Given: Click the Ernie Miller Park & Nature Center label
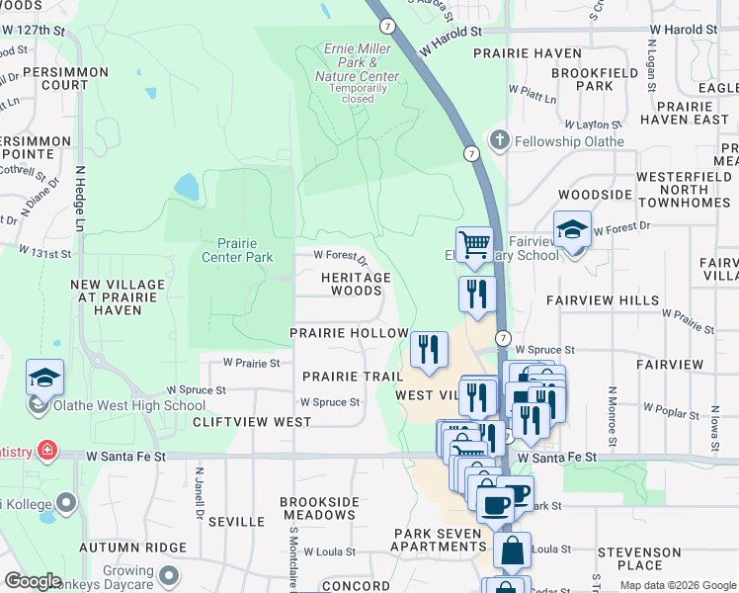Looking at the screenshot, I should click(358, 62).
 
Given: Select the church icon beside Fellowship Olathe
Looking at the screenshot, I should click(501, 140).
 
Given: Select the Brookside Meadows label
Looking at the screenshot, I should click(319, 509).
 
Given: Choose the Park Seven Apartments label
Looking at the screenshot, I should click(439, 541).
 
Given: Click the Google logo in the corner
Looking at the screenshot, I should click(33, 581).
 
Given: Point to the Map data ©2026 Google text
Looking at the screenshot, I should click(677, 585).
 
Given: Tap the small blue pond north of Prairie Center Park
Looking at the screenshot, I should click(186, 186).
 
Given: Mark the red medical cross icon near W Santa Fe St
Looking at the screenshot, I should click(46, 451).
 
